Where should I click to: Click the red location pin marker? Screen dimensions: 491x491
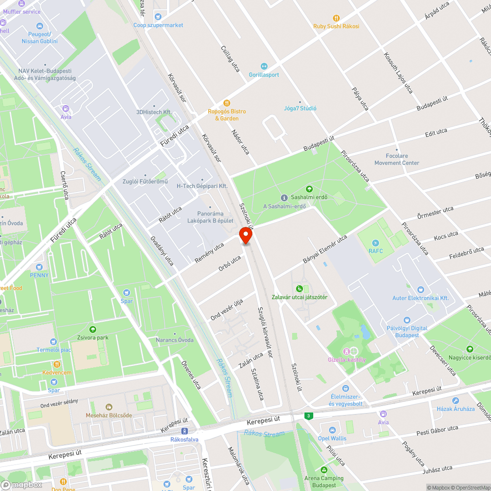[x=245, y=236]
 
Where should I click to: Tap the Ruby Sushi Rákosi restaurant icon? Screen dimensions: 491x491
[x=336, y=18]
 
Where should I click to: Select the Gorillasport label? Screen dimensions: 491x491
[x=264, y=75]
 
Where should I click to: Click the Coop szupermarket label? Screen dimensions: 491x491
[x=158, y=25]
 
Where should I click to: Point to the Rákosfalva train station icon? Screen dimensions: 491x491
[x=184, y=431]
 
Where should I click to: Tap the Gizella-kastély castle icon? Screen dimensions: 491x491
[x=347, y=351]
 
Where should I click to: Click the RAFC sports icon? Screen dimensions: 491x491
[x=375, y=243]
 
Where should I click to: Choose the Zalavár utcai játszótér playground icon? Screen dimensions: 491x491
[x=300, y=289]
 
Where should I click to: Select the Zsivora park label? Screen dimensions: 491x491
[x=92, y=338]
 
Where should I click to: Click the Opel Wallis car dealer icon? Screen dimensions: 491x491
[x=332, y=430]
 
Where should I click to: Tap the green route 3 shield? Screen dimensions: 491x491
[x=308, y=416]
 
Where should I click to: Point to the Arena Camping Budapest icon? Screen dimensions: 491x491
[x=324, y=470]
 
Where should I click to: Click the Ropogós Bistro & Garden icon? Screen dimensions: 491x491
[x=226, y=103]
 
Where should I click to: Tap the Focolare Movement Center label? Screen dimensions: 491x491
[x=397, y=160]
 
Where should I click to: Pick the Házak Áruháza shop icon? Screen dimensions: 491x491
[x=456, y=401]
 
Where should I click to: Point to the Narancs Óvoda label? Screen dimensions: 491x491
[x=174, y=340]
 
